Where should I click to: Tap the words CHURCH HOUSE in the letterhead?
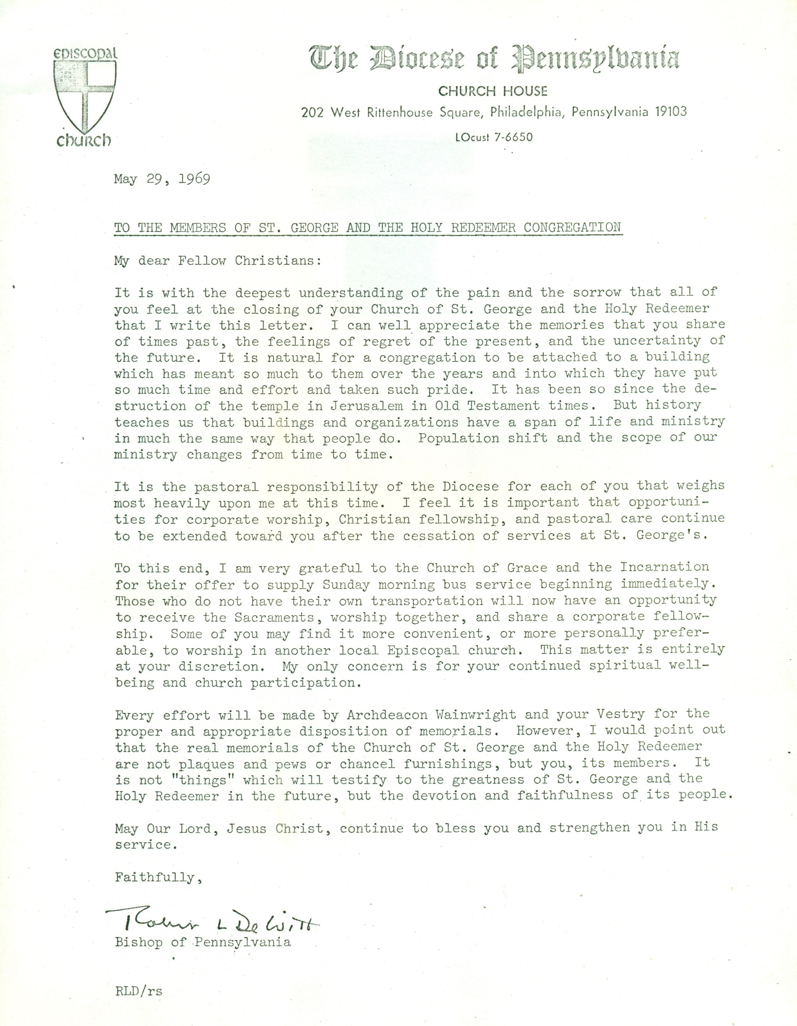[x=493, y=91]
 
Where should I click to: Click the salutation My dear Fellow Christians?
[x=218, y=260]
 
